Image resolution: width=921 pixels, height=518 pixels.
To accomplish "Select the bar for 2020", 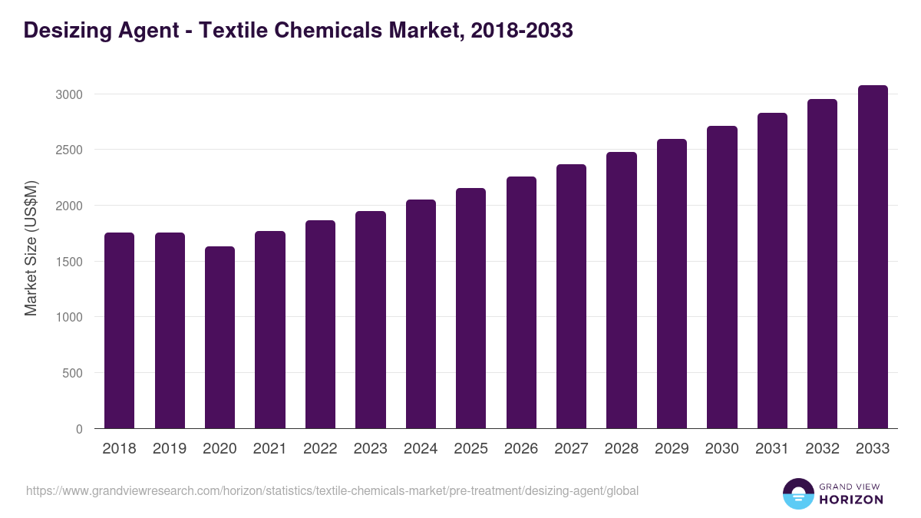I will [220, 338].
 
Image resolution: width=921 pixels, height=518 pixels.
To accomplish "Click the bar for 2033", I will [873, 257].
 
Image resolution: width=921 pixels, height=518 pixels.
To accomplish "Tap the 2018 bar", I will [119, 331].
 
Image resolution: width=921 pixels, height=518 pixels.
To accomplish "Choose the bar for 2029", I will [672, 284].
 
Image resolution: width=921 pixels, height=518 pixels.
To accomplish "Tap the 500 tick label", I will [71, 373].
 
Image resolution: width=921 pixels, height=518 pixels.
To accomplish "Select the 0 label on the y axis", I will [79, 429].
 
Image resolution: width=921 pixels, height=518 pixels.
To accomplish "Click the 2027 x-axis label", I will [571, 449].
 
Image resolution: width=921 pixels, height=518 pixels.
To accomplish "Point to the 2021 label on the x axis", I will [269, 449].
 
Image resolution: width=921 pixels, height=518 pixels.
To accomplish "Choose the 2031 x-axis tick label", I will [772, 449].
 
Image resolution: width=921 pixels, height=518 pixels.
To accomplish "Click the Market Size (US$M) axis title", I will [31, 248].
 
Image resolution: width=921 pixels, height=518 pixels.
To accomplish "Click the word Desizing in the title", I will [62, 31].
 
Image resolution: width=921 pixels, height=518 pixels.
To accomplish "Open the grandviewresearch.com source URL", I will [332, 490].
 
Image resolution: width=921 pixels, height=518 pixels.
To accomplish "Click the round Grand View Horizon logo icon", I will [797, 493].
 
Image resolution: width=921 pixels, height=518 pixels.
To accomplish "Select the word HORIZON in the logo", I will [850, 500].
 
